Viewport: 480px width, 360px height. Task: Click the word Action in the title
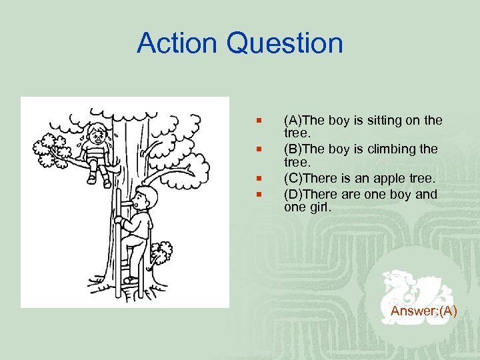point(177,44)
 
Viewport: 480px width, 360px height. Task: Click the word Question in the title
point(285,44)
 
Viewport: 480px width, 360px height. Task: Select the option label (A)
point(293,121)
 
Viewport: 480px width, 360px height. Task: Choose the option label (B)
point(293,149)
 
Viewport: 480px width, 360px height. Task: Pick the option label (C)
point(294,179)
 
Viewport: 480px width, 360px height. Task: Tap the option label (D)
point(294,195)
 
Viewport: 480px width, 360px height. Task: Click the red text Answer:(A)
point(423,311)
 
